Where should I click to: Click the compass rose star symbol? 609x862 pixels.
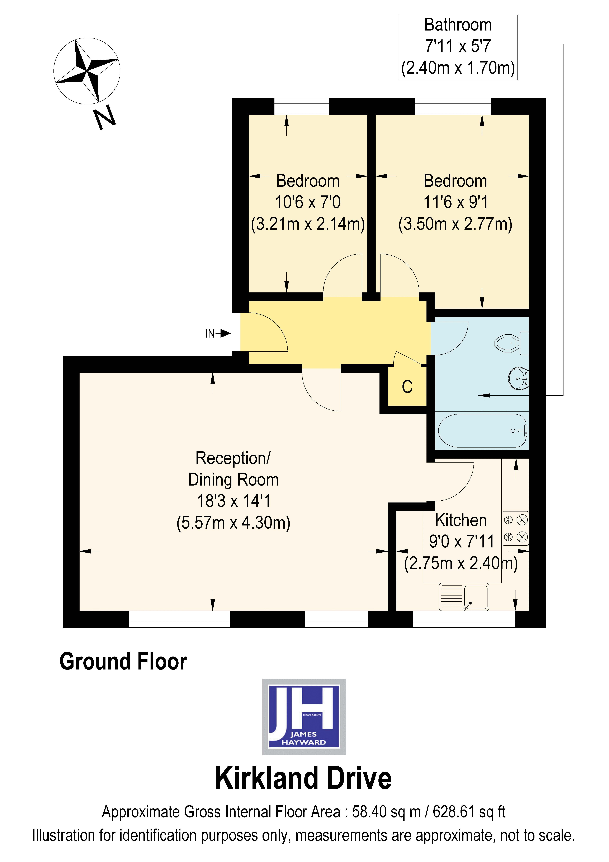pyautogui.click(x=87, y=71)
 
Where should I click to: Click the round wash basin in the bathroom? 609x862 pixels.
pyautogui.click(x=519, y=378)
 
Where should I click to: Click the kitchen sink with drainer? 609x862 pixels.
pyautogui.click(x=464, y=597)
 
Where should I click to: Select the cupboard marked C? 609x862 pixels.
pyautogui.click(x=407, y=387)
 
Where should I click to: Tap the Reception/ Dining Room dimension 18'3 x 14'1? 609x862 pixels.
pyautogui.click(x=233, y=501)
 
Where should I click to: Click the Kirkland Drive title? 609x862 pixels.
pyautogui.click(x=303, y=778)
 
